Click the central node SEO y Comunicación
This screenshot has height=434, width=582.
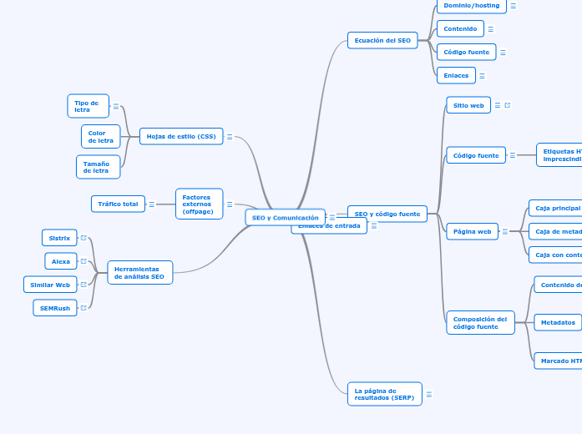(286, 217)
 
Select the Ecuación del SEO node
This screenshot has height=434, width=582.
(382, 40)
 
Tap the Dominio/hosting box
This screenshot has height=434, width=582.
(472, 6)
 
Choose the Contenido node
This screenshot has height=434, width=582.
(460, 29)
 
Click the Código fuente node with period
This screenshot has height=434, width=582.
(467, 52)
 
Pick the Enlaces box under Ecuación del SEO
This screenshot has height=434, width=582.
(456, 75)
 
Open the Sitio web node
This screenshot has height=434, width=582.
(468, 105)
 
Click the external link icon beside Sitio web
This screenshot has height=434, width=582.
(508, 105)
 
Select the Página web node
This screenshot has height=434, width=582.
(473, 231)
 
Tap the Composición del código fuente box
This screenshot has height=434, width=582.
(480, 322)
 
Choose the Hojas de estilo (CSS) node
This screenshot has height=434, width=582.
(181, 136)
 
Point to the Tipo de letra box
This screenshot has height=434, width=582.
(88, 106)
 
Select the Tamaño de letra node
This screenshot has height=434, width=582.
(98, 167)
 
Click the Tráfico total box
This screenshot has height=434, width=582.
(118, 204)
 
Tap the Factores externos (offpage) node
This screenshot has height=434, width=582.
(199, 204)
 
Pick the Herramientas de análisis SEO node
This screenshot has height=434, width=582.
(139, 272)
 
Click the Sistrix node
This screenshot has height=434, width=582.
(59, 238)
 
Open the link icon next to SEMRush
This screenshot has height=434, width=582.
(84, 308)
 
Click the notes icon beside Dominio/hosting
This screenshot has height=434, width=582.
(513, 6)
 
